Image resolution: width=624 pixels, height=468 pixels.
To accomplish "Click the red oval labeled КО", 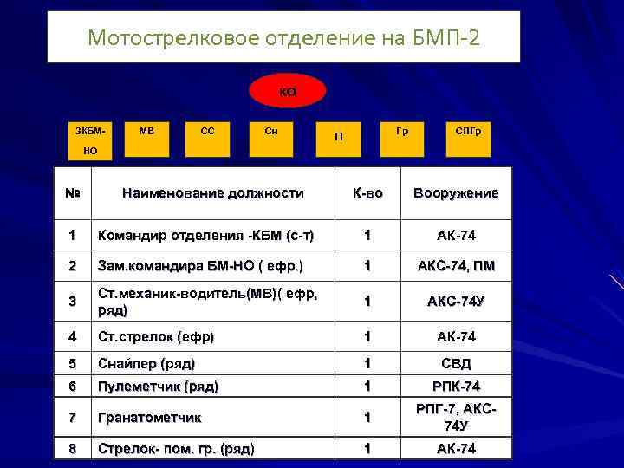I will point(288,92).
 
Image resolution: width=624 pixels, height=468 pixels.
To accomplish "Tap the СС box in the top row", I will point(208,133).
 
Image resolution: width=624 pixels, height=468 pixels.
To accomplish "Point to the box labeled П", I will point(340,136).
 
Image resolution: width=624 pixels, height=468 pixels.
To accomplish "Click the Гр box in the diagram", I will point(402,133).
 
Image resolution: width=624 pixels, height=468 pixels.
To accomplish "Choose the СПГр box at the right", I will point(469,133).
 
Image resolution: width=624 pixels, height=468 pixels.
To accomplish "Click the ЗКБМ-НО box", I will point(90,140).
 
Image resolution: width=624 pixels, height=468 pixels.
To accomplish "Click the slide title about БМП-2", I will point(283,38).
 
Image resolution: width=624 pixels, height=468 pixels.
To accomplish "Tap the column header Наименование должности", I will point(213,193).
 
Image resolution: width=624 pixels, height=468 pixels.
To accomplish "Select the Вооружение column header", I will point(456,193).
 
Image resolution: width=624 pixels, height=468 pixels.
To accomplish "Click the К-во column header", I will point(367,193).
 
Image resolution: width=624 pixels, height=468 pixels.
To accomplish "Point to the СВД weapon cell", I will point(456,364).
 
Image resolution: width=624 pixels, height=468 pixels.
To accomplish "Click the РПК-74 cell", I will point(456,387).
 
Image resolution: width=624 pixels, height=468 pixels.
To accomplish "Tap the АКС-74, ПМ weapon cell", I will point(456,265).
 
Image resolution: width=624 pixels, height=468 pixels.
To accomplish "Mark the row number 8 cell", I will point(73,449).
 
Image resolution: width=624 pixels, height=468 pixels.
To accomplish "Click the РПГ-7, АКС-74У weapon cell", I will point(456,418).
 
